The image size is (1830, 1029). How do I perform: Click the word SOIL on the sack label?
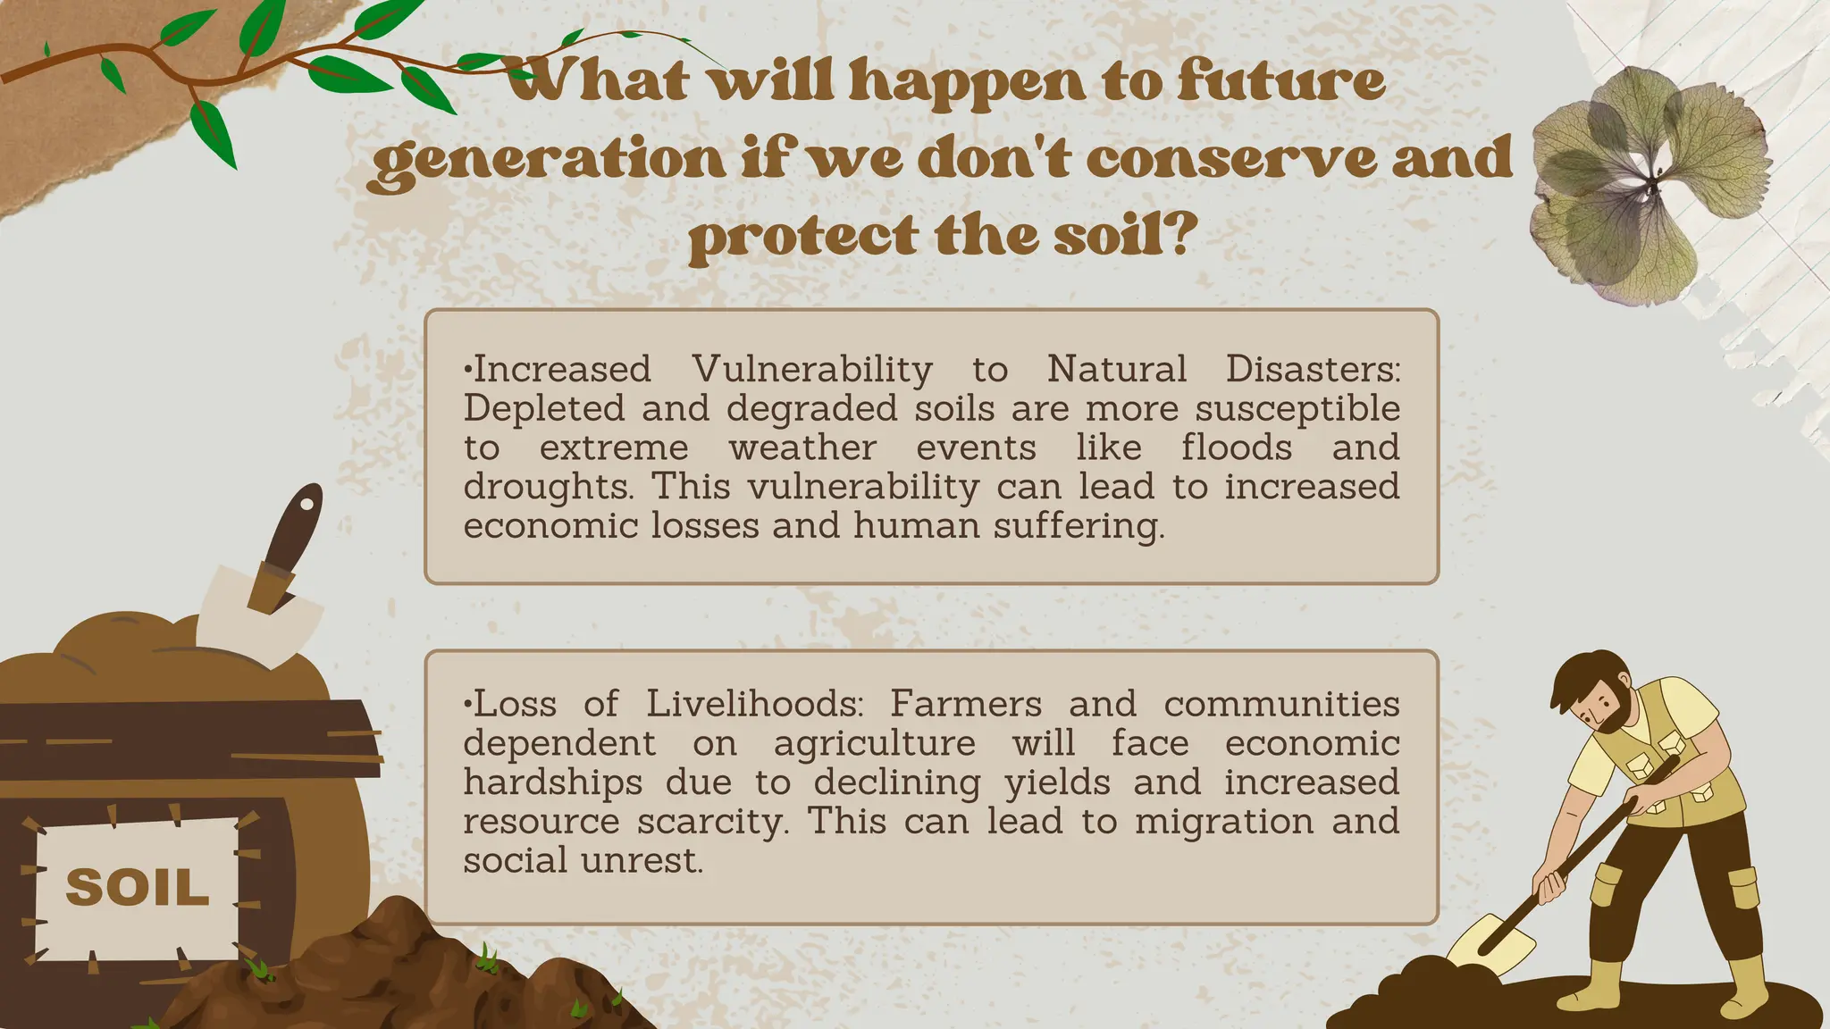point(138,888)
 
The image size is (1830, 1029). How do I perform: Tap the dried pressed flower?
point(1649,186)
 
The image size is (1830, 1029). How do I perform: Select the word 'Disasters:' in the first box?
point(1313,369)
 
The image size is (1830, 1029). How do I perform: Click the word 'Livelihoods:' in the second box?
point(755,705)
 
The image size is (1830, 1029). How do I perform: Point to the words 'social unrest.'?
point(583,861)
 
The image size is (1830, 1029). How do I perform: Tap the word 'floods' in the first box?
point(1236,448)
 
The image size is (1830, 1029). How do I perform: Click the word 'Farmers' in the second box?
point(965,705)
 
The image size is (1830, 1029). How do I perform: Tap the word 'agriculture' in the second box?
point(874,743)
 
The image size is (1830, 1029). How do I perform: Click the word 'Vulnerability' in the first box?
point(811,369)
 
